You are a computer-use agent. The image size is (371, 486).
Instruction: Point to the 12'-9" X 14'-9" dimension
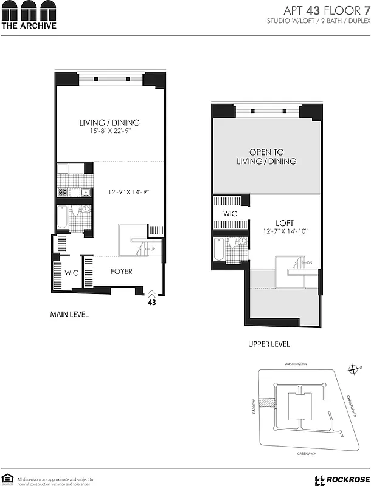[x=129, y=192]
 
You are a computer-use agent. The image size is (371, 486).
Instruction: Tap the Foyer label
[x=121, y=271]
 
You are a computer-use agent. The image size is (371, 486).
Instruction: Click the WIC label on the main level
[x=71, y=273]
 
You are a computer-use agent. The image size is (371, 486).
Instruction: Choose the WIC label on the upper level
[x=230, y=214]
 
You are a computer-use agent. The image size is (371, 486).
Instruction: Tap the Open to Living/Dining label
[x=266, y=157]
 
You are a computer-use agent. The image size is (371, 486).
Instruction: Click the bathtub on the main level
[x=61, y=218]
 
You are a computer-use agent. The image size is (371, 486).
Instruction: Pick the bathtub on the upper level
[x=218, y=248]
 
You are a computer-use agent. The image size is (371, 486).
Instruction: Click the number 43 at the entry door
[x=152, y=301]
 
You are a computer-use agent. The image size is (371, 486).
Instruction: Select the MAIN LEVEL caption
[x=69, y=315]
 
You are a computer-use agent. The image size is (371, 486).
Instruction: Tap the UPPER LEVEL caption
[x=268, y=344]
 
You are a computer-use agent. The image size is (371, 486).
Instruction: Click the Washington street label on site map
[x=296, y=364]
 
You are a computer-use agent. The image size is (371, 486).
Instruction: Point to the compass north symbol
[x=355, y=369]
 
